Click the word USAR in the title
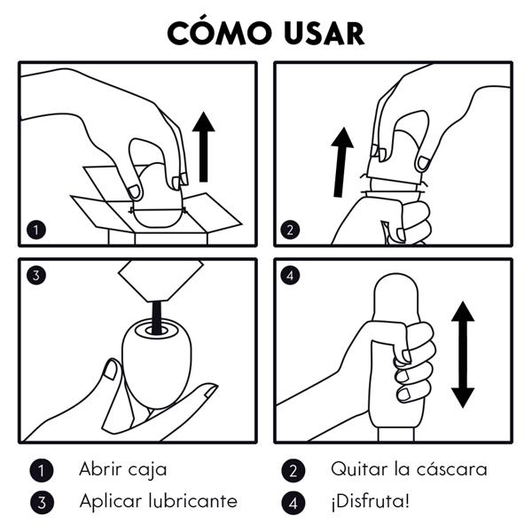pos(322,32)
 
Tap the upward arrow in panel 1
pos(204,146)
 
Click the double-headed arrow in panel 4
pos(462,354)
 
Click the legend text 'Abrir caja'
pos(122,469)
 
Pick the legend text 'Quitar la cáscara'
pos(409,469)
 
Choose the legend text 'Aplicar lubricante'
pos(158,501)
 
